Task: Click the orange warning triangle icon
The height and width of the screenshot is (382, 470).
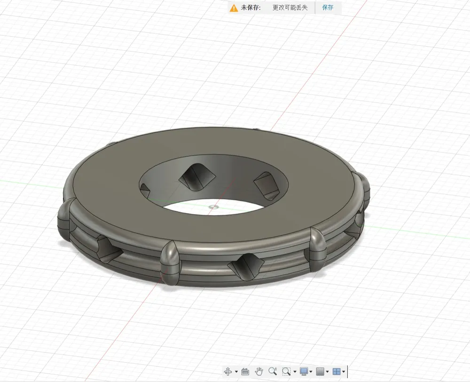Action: pyautogui.click(x=234, y=8)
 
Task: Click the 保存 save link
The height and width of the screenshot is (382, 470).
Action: pyautogui.click(x=328, y=8)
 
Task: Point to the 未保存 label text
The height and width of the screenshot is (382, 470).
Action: pyautogui.click(x=251, y=8)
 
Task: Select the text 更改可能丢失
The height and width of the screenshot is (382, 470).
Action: pyautogui.click(x=290, y=8)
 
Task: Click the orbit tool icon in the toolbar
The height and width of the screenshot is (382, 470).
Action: pyautogui.click(x=228, y=372)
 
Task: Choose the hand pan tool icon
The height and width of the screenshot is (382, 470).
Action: pyautogui.click(x=258, y=372)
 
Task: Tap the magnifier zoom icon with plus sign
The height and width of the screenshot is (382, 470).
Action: pyautogui.click(x=273, y=371)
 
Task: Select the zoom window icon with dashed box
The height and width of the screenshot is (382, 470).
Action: pyautogui.click(x=286, y=372)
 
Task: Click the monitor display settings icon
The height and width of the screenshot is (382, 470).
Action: pyautogui.click(x=304, y=372)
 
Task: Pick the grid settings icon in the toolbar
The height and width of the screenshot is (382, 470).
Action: pyautogui.click(x=320, y=372)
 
